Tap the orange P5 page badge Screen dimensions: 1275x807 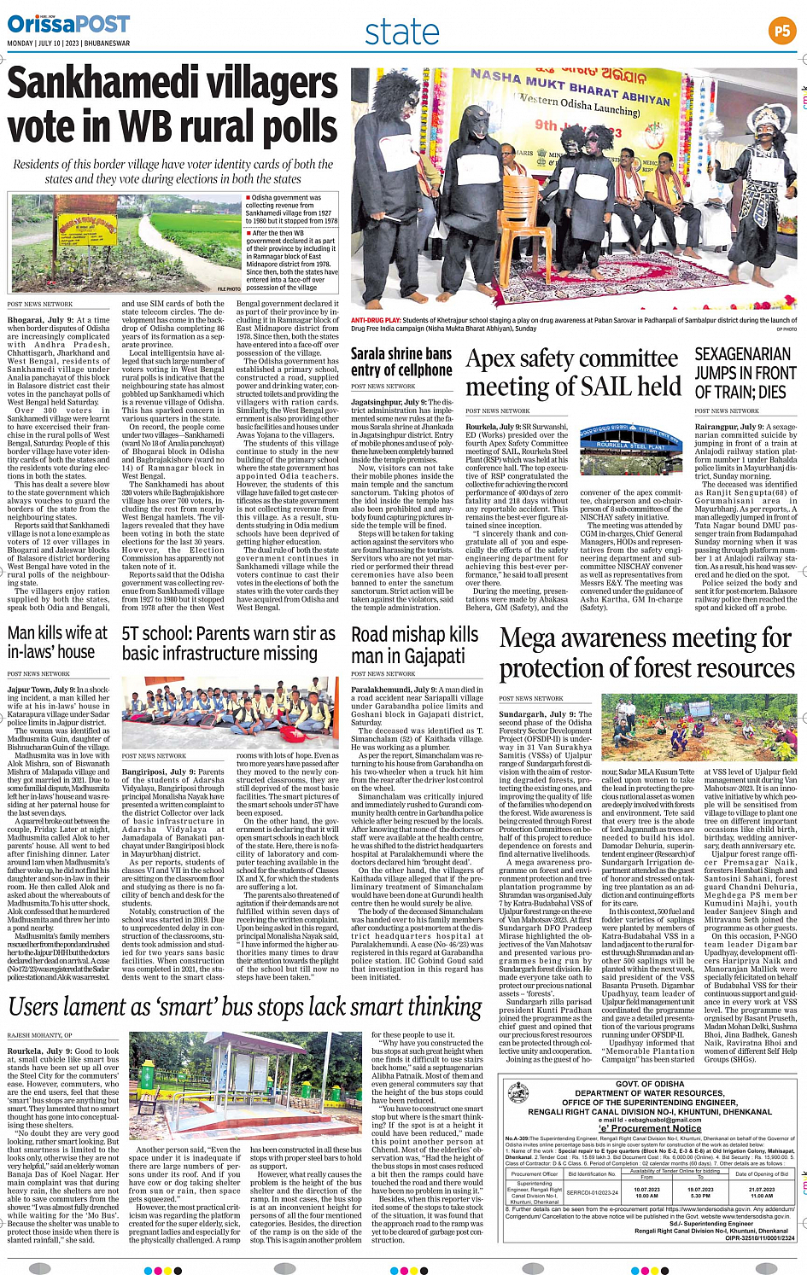(x=781, y=32)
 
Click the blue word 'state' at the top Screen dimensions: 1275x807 (x=401, y=32)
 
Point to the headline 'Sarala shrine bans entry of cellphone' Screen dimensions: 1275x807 (x=401, y=361)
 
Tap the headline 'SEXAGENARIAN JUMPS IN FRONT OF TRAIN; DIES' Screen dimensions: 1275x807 (x=745, y=372)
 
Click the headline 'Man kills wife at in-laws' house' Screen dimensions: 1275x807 (x=58, y=643)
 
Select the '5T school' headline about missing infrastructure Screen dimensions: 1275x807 (x=228, y=643)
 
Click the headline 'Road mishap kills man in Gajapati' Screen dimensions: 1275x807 (x=414, y=645)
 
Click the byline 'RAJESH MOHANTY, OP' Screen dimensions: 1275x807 (x=40, y=1035)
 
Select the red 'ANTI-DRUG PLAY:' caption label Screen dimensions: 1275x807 (x=376, y=321)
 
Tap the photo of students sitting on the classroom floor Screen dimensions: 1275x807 (x=228, y=713)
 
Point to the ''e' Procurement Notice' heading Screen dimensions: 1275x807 (x=651, y=1127)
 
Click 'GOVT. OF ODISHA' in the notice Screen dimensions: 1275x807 (x=651, y=1084)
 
